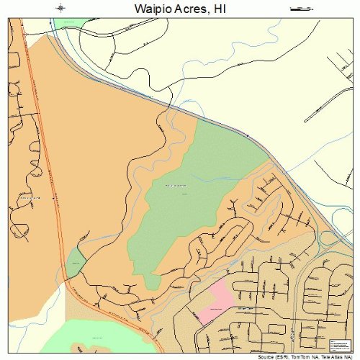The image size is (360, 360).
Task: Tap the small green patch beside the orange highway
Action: (75, 262)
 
